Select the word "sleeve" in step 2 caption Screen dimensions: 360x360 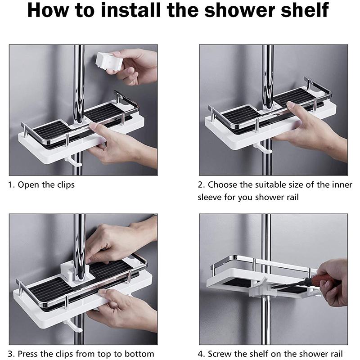pos(212,197)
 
